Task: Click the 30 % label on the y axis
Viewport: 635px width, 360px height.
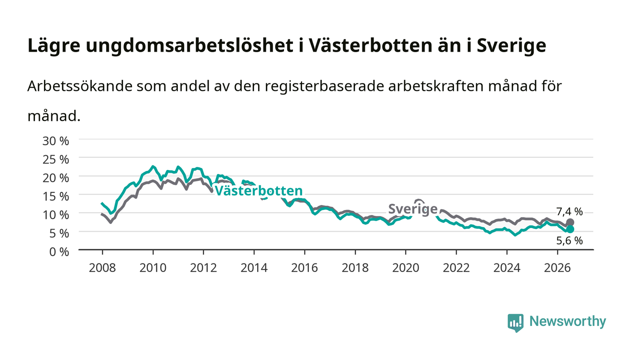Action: coord(55,141)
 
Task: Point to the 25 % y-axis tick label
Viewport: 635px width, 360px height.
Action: coord(55,160)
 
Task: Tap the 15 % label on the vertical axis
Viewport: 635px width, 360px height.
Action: coord(55,196)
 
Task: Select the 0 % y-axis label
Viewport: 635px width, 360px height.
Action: coord(59,252)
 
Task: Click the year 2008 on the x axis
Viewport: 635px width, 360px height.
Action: coord(103,268)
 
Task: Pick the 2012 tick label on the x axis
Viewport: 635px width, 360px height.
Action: coord(203,268)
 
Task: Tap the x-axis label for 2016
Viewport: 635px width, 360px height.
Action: coord(304,268)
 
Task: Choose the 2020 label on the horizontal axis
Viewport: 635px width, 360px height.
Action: coord(405,268)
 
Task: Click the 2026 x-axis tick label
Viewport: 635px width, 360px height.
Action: coord(557,268)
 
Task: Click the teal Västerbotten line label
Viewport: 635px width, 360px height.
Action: coord(259,191)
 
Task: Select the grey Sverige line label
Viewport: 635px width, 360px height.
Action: coord(413,209)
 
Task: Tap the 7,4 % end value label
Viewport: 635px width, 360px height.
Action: coord(570,211)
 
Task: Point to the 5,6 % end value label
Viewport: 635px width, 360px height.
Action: coord(570,241)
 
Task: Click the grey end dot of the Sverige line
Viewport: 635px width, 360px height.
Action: coord(570,222)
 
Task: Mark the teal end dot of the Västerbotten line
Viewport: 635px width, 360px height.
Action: coord(570,229)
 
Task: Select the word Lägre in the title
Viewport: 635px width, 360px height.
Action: coord(54,46)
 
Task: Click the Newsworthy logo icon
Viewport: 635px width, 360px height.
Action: coord(515,323)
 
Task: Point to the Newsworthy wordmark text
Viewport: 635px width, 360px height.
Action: coord(567,321)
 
